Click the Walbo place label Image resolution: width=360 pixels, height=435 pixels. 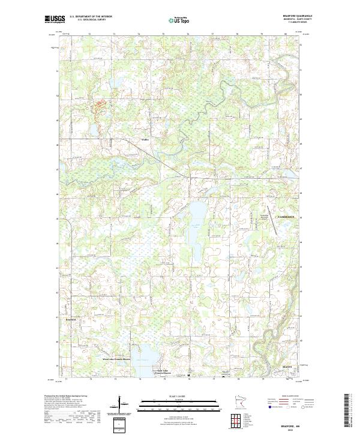coord(144,140)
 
